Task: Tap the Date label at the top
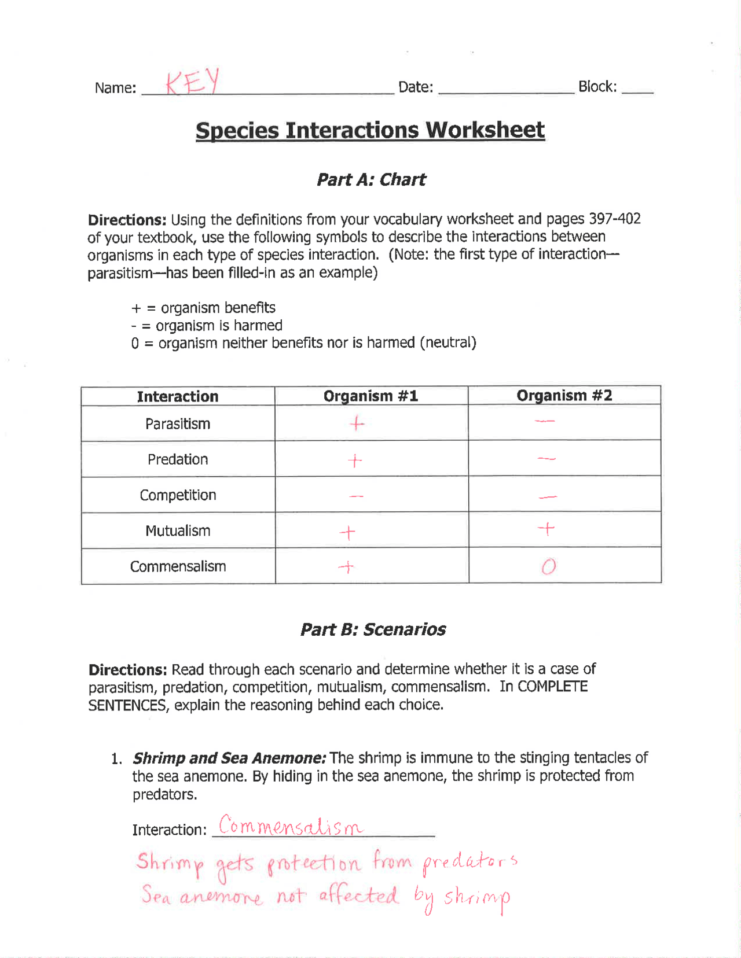(416, 87)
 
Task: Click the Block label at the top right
(597, 87)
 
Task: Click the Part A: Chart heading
(371, 180)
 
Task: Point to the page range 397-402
(614, 219)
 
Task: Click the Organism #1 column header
(370, 396)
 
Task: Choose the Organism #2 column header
(564, 396)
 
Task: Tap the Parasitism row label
(178, 424)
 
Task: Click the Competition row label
(178, 495)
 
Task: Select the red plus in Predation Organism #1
(355, 460)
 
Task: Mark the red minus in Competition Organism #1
(357, 496)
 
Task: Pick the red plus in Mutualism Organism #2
(546, 528)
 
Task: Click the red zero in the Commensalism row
(549, 566)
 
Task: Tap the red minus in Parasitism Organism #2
(545, 421)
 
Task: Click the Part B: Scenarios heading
(373, 629)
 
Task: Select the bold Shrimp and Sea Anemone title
(230, 758)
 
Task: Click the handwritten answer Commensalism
(291, 826)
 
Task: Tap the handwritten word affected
(359, 896)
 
